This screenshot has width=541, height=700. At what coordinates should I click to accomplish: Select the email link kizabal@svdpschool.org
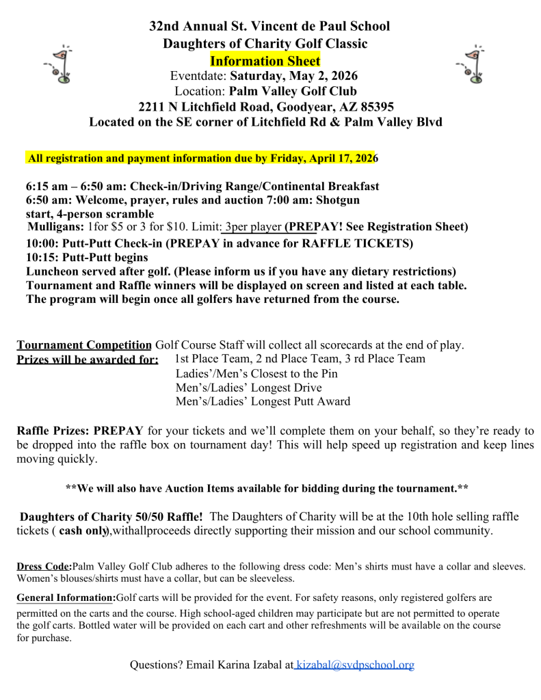355,664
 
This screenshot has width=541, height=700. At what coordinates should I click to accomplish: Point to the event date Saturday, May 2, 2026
293,75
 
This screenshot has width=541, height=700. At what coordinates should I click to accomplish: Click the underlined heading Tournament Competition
84,345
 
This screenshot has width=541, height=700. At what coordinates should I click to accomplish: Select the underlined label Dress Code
44,566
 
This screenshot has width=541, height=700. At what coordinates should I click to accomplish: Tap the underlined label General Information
66,597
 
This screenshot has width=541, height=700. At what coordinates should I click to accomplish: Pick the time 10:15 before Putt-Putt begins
40,258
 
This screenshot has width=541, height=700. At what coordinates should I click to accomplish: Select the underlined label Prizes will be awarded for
88,360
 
